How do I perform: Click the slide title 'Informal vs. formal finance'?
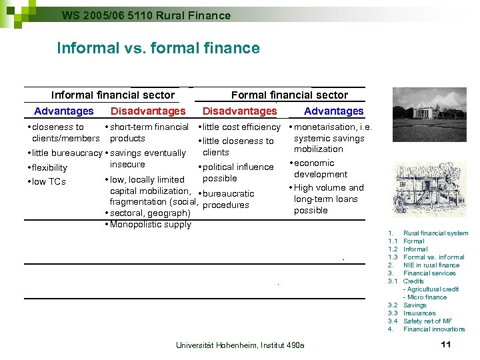pos(158,48)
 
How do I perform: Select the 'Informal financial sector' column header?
pos(113,95)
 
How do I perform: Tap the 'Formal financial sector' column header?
pos(289,95)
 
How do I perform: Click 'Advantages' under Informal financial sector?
pos(64,111)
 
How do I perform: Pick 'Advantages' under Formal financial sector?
pos(333,111)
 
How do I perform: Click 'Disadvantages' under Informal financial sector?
pos(148,111)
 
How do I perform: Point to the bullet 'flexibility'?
pos(49,167)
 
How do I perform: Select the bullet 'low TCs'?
pos(49,181)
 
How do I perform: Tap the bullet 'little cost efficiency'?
pos(241,127)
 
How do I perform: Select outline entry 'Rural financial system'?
pos(435,233)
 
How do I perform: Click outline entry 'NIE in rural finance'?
pos(431,265)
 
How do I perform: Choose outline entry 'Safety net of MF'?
pos(427,321)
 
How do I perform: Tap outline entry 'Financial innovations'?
pos(434,329)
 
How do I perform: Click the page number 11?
pos(446,344)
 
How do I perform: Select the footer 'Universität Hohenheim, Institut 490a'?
pos(239,345)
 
